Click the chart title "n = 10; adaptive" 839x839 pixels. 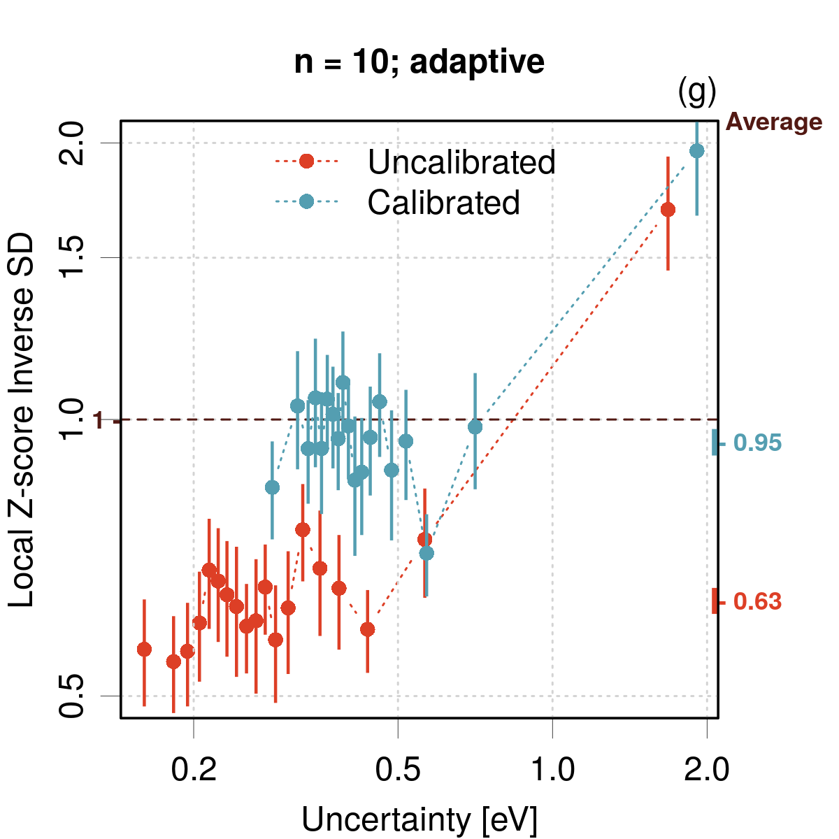pos(419,62)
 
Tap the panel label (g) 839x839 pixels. pos(697,92)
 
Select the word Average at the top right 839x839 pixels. pos(774,122)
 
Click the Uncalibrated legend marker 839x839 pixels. pos(306,161)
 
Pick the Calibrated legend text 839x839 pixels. pos(443,202)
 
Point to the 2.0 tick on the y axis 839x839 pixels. pos(71,143)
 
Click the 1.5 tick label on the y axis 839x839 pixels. pos(71,257)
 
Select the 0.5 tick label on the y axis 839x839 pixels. pos(71,696)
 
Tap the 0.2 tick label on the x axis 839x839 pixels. pos(193,770)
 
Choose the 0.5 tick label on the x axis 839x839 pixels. pos(397,770)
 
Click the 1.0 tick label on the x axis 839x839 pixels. pos(553,770)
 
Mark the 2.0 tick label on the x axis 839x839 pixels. pos(707,770)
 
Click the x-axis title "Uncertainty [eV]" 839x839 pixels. pos(419,819)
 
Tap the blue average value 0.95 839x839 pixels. pos(757,443)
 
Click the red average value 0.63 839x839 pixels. pos(757,601)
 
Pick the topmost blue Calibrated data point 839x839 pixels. pos(696,151)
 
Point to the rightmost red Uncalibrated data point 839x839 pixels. pos(668,210)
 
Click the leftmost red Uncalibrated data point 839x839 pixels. pos(144,650)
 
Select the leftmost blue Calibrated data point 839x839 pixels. pos(272,487)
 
